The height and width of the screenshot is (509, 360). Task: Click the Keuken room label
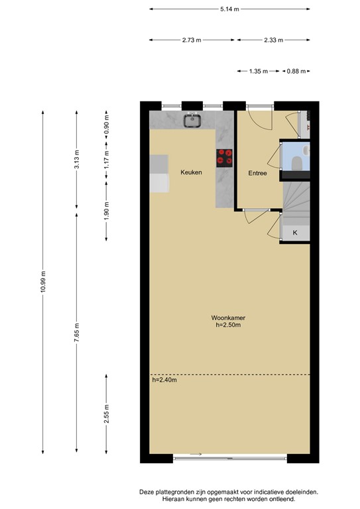tap(191, 172)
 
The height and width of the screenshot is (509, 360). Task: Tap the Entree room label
tap(257, 174)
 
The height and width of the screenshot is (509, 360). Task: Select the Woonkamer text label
tap(228, 318)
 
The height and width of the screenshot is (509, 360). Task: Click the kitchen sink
tap(193, 121)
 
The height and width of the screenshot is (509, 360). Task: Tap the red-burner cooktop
tap(224, 158)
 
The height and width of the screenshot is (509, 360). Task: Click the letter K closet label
tap(295, 233)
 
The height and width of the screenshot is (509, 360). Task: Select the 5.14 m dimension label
tap(229, 9)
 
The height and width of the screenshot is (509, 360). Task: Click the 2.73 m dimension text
tap(192, 40)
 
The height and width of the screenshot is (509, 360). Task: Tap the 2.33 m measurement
tap(273, 40)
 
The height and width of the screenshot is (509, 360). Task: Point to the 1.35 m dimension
tap(259, 71)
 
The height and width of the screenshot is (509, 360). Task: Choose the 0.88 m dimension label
tap(296, 71)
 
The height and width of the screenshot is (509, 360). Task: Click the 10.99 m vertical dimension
tap(43, 282)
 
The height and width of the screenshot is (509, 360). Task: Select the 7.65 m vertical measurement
tap(77, 333)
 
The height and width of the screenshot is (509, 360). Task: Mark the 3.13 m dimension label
tap(77, 159)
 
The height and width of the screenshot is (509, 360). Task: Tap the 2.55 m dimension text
tap(107, 414)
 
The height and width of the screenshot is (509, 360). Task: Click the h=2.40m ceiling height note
tap(164, 380)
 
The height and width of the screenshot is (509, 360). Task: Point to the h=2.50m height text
tap(228, 325)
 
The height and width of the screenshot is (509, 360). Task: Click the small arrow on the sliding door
tap(196, 454)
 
